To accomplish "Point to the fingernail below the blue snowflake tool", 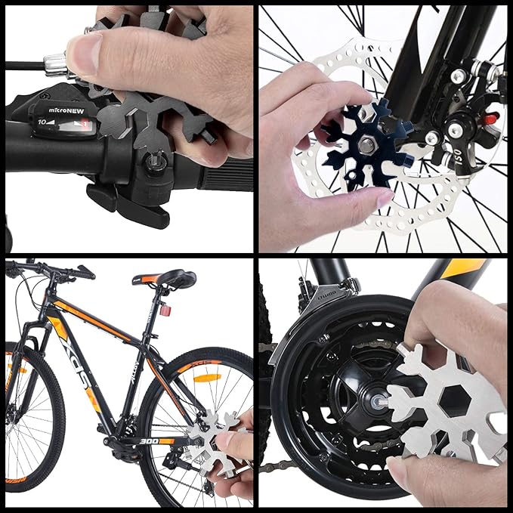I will (382, 199).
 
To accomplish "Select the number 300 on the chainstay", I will (150, 440).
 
